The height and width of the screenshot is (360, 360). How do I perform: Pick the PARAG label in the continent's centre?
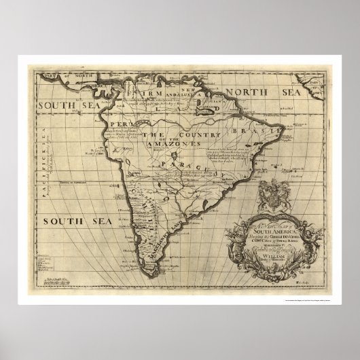coord(177,163)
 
